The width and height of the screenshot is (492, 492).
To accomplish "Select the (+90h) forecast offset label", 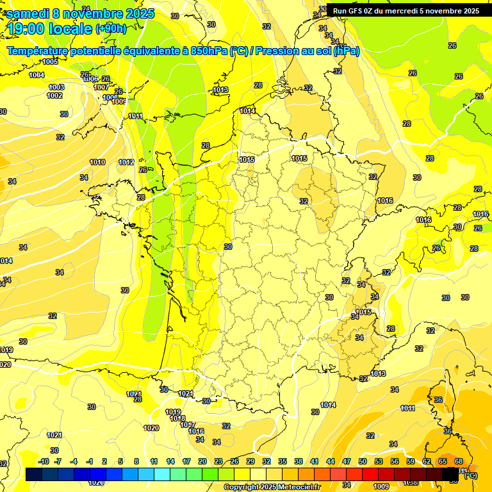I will click(x=111, y=28).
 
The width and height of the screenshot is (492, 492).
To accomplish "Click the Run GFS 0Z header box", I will click(x=406, y=10).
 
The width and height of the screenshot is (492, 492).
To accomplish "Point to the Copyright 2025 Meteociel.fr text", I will click(x=271, y=487).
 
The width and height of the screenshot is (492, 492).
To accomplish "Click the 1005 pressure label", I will click(x=50, y=61).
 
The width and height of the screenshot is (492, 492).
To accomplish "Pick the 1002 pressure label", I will click(x=54, y=95).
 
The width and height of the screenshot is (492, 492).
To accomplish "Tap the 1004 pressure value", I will click(x=37, y=75).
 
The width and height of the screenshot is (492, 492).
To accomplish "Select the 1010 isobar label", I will click(x=97, y=162).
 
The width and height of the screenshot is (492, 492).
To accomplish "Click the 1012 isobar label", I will click(x=126, y=162).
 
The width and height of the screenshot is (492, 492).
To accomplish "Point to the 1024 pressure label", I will click(x=186, y=393).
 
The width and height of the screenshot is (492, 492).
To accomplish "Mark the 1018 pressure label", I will click(x=178, y=418).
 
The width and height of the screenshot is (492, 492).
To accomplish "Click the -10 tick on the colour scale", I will click(x=44, y=461).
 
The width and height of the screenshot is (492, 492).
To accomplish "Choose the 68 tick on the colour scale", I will click(x=459, y=461).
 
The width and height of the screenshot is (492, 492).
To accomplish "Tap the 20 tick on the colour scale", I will click(x=202, y=461).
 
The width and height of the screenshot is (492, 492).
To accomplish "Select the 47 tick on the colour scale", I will click(x=347, y=461).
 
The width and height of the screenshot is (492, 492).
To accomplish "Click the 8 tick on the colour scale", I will click(x=136, y=461).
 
